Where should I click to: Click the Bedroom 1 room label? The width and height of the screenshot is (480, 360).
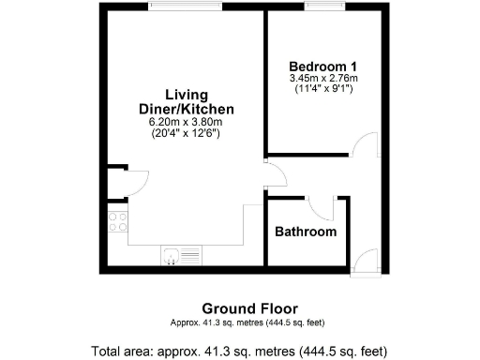322,66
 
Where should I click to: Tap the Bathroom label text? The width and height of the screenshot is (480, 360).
305,232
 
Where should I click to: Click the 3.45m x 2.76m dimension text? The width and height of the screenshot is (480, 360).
322,78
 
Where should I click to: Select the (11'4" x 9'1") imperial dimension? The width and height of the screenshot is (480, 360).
322,89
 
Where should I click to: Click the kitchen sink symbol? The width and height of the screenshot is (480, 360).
181,254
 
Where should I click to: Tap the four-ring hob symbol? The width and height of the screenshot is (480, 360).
118,222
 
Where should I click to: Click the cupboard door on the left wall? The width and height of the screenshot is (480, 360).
132,182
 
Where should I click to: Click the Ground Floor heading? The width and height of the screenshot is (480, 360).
249,308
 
